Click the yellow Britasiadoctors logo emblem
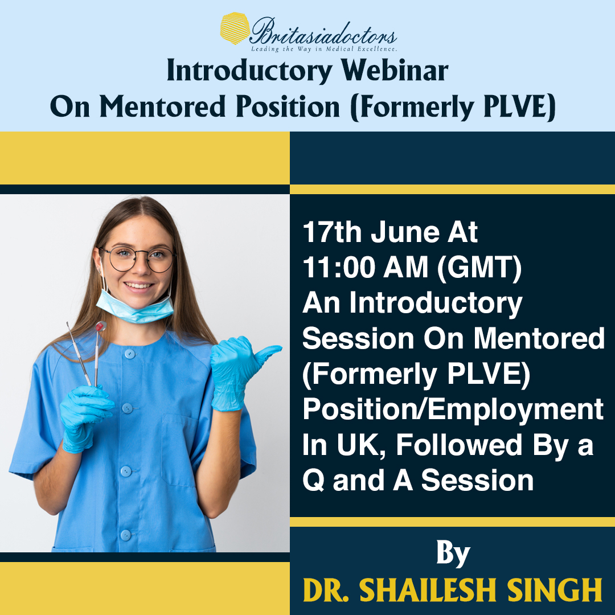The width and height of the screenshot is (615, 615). point(235,28)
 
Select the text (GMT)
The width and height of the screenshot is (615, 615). point(479,268)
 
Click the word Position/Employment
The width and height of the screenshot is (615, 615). point(453,409)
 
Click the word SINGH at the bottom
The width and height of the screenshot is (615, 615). point(555,589)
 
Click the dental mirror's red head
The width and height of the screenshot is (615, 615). point(101,326)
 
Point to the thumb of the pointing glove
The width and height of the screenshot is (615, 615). point(266,351)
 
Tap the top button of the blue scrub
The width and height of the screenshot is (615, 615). point(130,354)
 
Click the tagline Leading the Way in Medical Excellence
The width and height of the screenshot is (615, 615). point(324,49)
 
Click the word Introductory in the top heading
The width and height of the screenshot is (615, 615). point(249,71)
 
